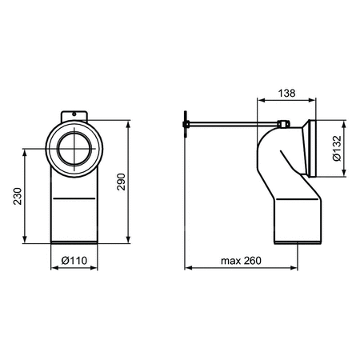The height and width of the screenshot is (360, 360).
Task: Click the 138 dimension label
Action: pos(286,93)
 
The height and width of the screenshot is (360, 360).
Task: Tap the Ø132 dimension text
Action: pos(337,148)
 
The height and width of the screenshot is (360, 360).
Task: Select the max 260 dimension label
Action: pos(241,261)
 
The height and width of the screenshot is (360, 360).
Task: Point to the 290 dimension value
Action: pos(121,182)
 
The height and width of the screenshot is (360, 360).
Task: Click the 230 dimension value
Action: pos(18,196)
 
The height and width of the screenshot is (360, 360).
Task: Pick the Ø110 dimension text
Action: pos(74,260)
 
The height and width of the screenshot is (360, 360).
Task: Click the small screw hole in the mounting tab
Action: pos(74,114)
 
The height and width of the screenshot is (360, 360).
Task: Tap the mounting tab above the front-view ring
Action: pos(74,116)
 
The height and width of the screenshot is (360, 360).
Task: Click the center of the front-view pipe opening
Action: pos(74,148)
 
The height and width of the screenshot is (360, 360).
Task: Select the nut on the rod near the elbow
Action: pos(283,124)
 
